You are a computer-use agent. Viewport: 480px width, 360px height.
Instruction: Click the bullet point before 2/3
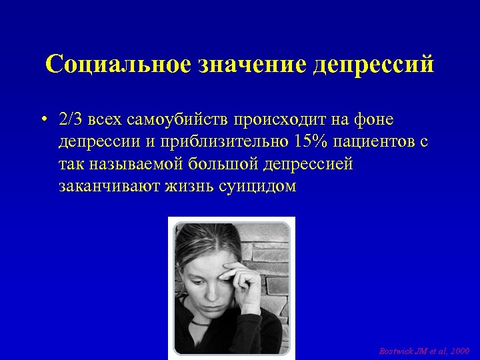pos(42,120)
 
